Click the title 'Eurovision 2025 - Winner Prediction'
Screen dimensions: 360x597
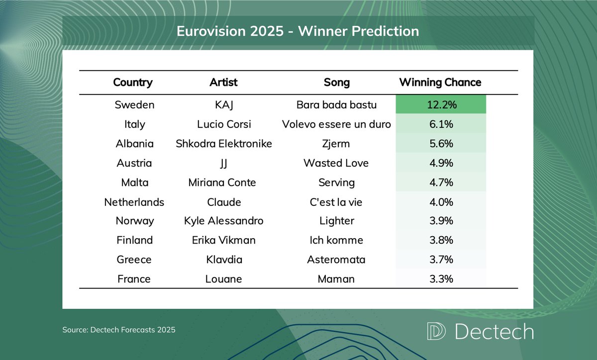click(298, 31)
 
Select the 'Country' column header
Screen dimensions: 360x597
click(133, 82)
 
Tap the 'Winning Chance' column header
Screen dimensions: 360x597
click(440, 82)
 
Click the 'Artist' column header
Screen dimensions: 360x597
click(223, 82)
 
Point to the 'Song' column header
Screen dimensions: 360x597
click(336, 82)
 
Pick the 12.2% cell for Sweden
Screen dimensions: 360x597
click(440, 105)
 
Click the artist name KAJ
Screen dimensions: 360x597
click(223, 105)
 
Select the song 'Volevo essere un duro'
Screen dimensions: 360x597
click(336, 124)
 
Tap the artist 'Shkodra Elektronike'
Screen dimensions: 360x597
click(223, 144)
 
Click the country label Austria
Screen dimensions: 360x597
click(134, 163)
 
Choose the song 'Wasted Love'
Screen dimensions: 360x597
click(336, 163)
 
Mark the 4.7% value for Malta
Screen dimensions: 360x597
click(440, 182)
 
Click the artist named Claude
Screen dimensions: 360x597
click(223, 202)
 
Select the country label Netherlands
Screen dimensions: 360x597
click(134, 202)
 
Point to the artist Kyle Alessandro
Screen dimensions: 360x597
click(223, 221)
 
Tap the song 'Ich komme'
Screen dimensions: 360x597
click(336, 240)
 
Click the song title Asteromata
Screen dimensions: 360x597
click(336, 260)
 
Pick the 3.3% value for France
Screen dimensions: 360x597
click(440, 279)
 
